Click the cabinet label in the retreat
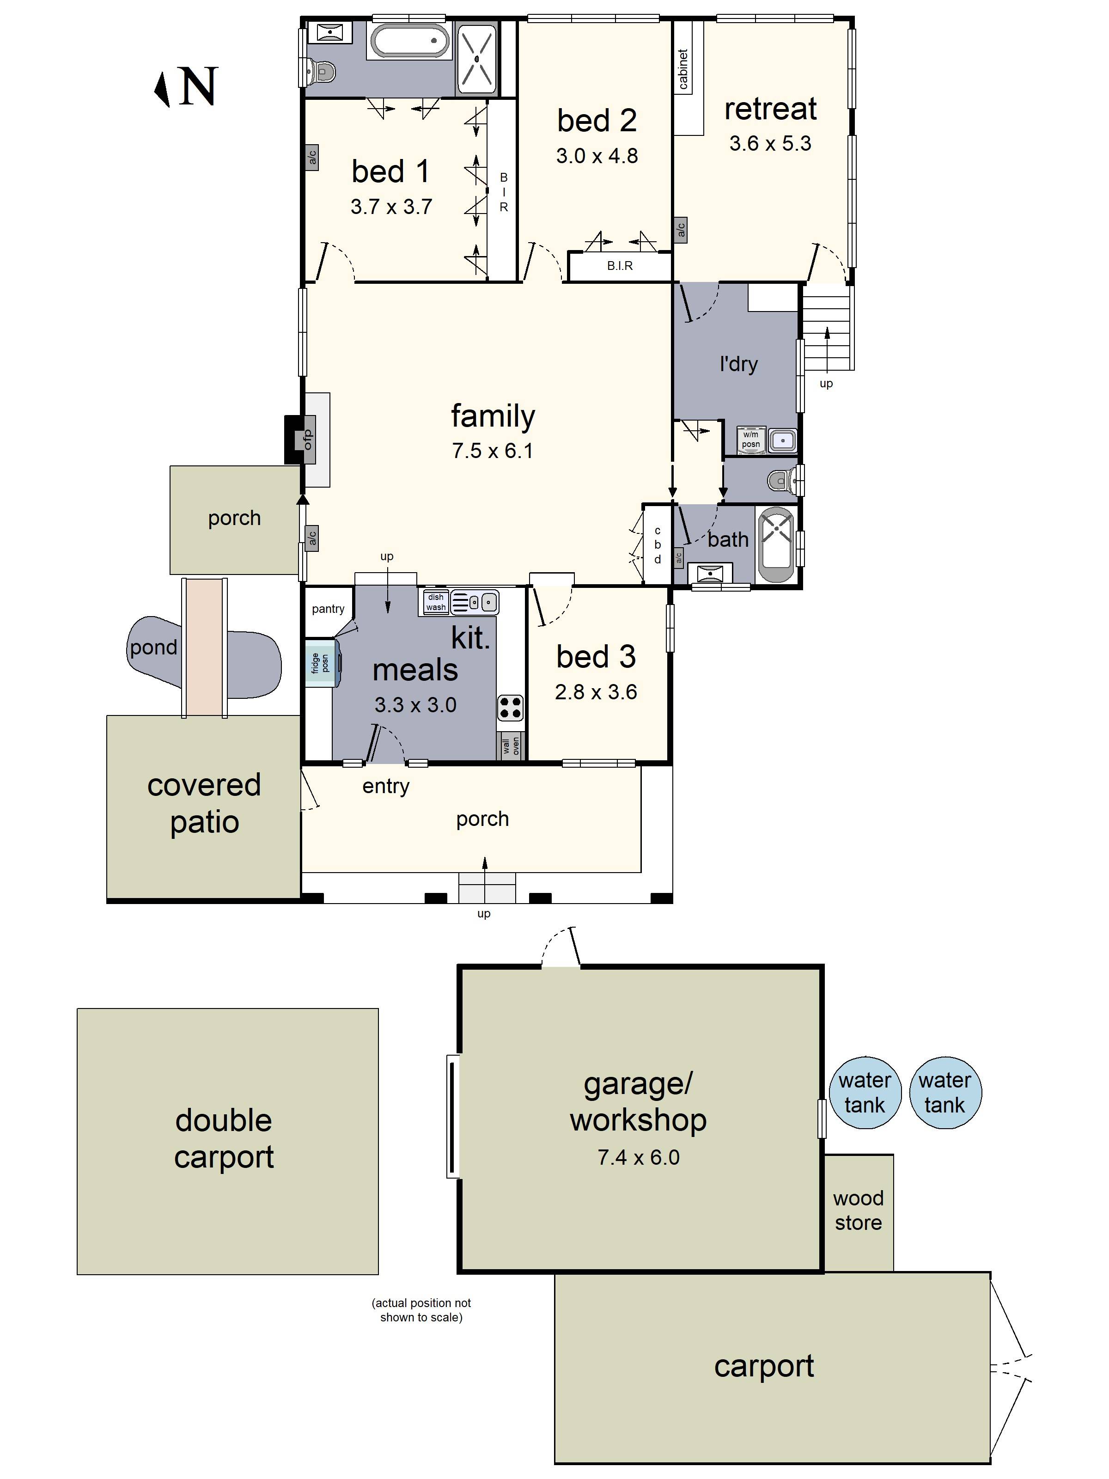[x=682, y=69]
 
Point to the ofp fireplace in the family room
[x=307, y=439]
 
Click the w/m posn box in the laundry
[x=751, y=439]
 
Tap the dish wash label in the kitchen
[x=435, y=602]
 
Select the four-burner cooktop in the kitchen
[x=510, y=708]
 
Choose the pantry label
[x=328, y=608]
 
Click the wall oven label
[x=511, y=746]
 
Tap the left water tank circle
[x=865, y=1093]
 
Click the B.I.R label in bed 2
[x=620, y=265]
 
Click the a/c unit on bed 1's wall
[x=311, y=158]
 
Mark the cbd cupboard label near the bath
[x=657, y=545]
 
